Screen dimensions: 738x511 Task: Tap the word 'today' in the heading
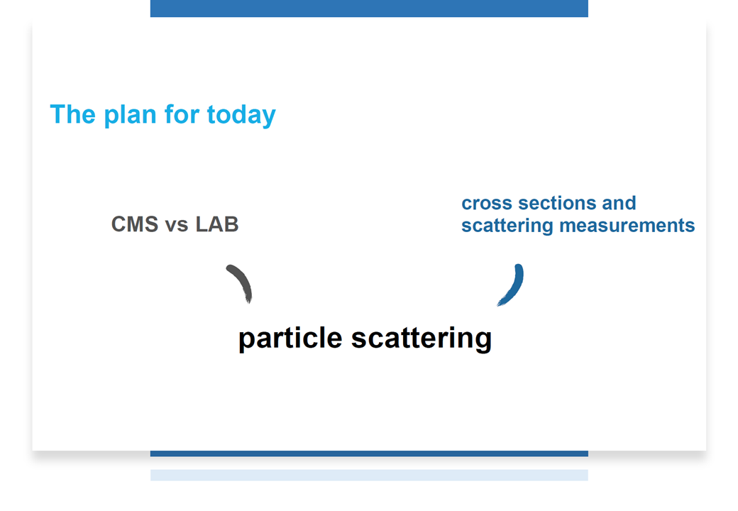coord(241,116)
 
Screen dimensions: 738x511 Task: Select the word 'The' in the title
coord(72,114)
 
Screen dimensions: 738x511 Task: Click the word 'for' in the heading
coord(182,114)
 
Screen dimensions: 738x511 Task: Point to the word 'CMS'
coord(135,224)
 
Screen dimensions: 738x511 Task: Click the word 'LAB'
coord(217,224)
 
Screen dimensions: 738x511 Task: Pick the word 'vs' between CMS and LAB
coord(177,226)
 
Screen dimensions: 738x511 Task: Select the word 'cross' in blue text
coord(487,204)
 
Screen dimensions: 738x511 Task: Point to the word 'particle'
coord(290,339)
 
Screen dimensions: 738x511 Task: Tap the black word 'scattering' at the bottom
coord(422,339)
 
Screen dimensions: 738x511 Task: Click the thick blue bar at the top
coord(369,9)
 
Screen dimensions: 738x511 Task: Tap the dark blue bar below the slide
coord(369,454)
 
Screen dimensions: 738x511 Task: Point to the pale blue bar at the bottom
coord(369,476)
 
